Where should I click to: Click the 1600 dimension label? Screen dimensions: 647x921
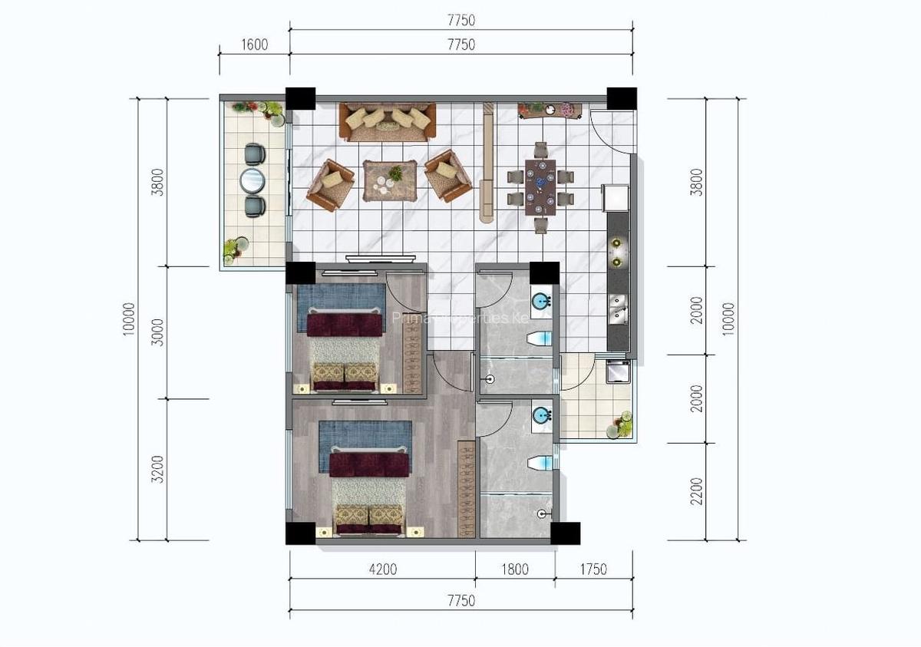point(254,45)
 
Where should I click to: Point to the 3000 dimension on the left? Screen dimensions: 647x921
point(158,332)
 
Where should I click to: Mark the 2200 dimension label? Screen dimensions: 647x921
point(696,491)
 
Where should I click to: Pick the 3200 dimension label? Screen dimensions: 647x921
point(158,469)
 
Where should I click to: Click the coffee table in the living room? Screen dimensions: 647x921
point(389,180)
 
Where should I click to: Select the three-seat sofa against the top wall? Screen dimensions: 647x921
point(388,121)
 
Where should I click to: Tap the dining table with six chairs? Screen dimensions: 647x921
point(540,187)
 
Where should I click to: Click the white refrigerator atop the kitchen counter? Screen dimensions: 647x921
point(616,197)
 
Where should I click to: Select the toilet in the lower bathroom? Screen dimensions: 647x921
point(540,462)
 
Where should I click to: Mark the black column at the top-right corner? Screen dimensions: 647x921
point(622,98)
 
